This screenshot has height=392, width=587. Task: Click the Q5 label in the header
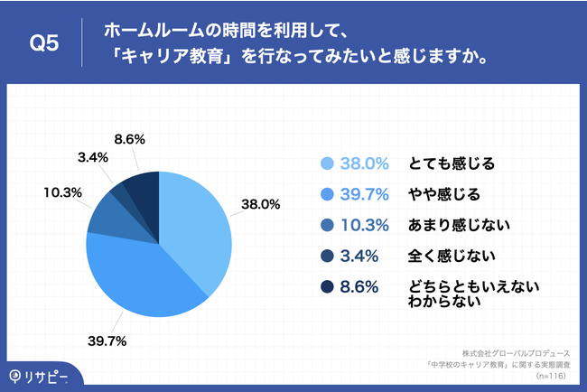coord(44,42)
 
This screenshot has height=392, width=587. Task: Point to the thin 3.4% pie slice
coord(121,192)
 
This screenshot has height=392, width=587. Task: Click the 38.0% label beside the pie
coord(260,204)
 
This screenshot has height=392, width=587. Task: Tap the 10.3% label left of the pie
coord(63,192)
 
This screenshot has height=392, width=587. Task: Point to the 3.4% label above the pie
coord(94,157)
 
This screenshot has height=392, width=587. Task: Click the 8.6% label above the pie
coord(131,139)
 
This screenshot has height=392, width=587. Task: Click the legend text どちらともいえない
coord(473,286)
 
